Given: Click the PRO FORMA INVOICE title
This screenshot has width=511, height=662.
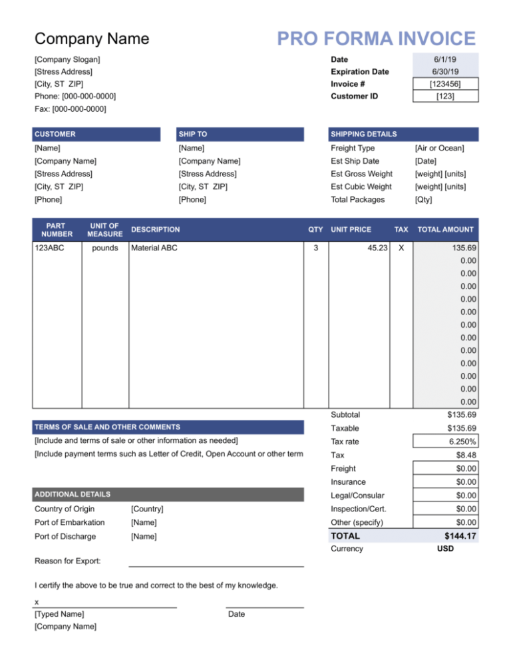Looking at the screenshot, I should point(376,38).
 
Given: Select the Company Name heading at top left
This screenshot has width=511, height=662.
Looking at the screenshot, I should point(92,39).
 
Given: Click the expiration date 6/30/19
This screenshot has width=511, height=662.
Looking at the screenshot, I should point(445,72).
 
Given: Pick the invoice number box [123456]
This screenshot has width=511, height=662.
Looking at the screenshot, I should point(445,84).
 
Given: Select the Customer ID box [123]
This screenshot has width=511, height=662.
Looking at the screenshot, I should point(445,97).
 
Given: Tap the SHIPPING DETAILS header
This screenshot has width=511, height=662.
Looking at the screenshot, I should point(403,134).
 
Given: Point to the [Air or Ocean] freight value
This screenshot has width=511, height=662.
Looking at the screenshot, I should point(439,148).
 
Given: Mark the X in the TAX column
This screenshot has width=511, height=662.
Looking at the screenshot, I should point(400,248).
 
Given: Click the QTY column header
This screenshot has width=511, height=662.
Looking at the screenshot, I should point(315,229).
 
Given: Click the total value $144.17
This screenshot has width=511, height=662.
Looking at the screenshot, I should point(459,536).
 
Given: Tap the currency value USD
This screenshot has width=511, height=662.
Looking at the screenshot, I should point(445,549).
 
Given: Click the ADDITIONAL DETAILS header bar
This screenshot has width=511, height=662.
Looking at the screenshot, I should point(168,494).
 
